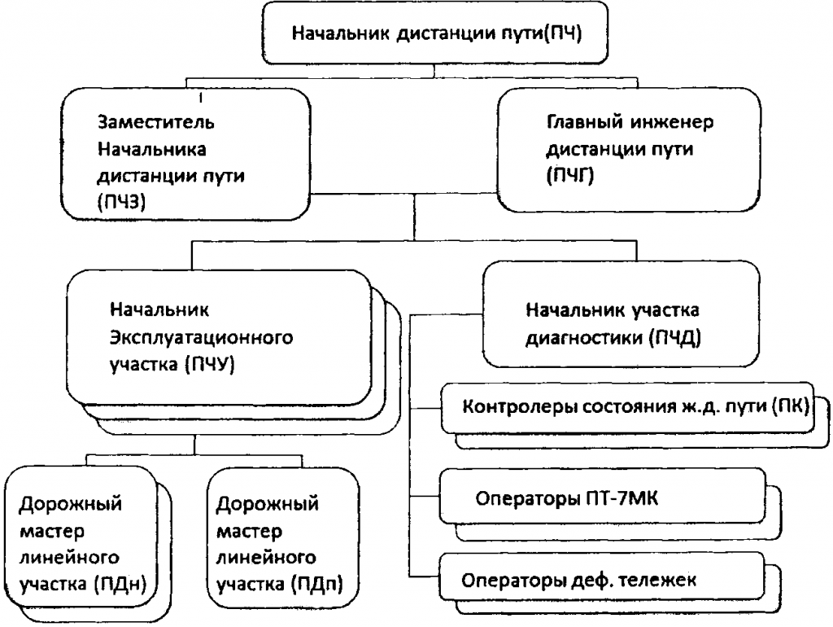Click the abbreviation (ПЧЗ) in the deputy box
point(121,202)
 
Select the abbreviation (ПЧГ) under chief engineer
point(570,175)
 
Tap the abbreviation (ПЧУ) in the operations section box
point(210,364)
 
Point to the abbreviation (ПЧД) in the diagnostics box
point(674,337)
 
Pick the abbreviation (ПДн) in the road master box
point(120,584)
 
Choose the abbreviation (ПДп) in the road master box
point(317,584)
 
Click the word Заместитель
point(156,122)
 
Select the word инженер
point(673,123)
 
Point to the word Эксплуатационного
point(202,338)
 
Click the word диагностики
point(583,338)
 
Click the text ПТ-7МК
point(622,499)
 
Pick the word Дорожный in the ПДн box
point(71,503)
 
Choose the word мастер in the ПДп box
point(250,531)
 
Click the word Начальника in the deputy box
point(152,150)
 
